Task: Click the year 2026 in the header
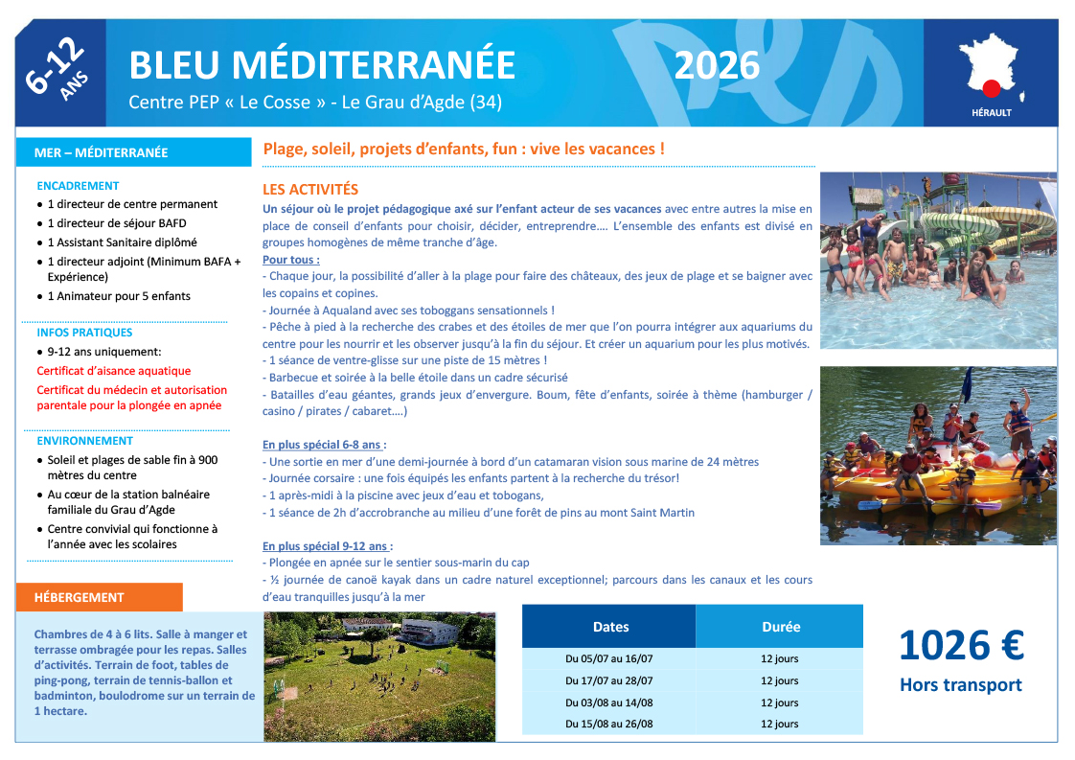point(717,65)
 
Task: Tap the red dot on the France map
point(992,87)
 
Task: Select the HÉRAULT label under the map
point(991,112)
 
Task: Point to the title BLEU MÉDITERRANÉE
point(322,65)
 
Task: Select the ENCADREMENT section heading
point(79,186)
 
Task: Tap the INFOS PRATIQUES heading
point(85,333)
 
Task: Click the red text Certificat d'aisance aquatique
point(114,371)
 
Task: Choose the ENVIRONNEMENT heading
point(85,441)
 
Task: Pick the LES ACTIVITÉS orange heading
point(310,190)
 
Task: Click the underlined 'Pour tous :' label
point(291,260)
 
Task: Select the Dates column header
point(610,627)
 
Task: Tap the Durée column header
point(780,627)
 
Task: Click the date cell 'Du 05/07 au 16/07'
point(609,659)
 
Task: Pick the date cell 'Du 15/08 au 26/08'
point(609,724)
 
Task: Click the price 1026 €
point(961,645)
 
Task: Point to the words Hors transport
point(961,685)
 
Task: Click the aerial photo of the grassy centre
point(379,677)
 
